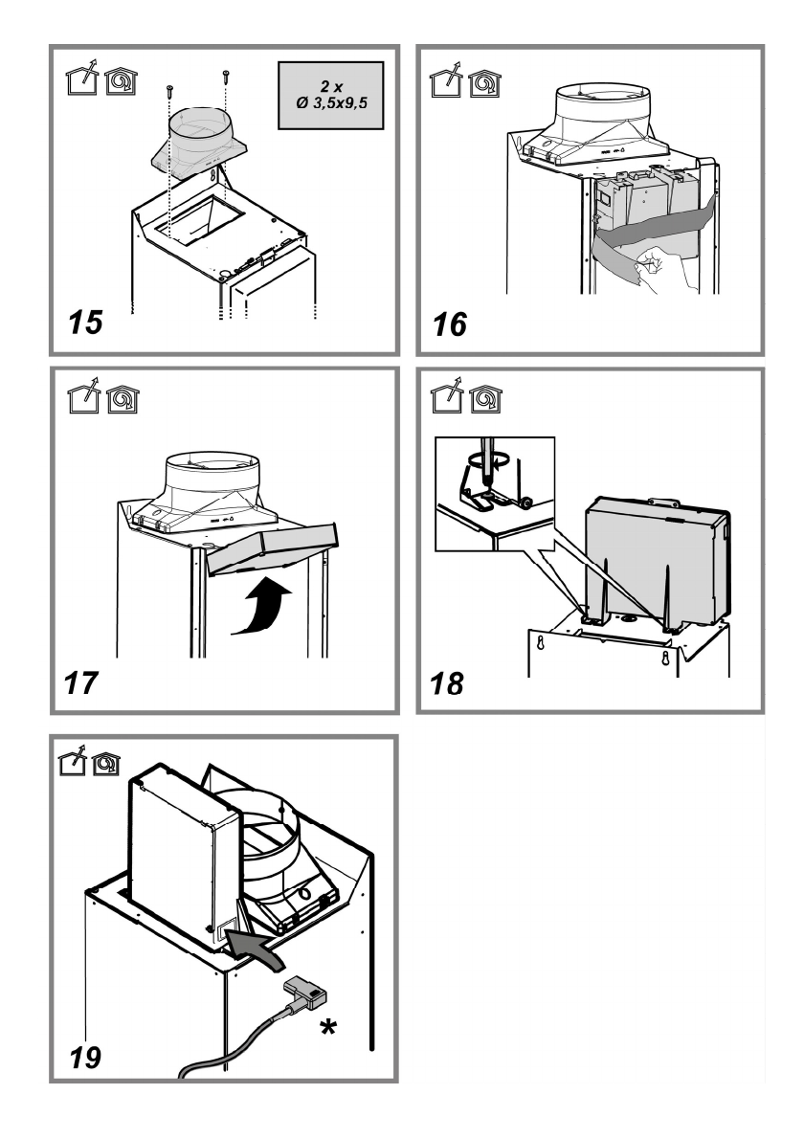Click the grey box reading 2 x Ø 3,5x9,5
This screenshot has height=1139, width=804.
(x=327, y=96)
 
